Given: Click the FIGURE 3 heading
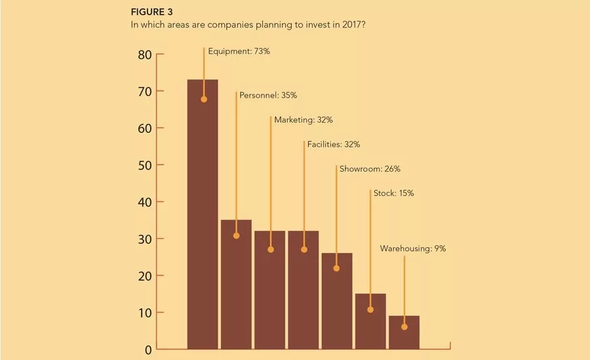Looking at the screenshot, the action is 151,12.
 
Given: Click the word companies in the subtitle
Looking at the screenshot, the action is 230,25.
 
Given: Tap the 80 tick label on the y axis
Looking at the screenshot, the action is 145,55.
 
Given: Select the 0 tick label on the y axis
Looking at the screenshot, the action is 148,350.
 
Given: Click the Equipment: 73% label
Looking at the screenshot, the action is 239,51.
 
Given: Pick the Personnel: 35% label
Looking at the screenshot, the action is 268,95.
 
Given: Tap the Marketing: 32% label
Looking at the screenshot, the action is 304,120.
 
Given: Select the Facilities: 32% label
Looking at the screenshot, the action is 334,144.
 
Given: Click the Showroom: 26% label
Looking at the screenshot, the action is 370,169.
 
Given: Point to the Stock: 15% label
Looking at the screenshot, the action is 393,193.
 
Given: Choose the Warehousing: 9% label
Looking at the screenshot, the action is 413,249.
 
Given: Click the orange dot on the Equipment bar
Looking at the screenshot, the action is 204,100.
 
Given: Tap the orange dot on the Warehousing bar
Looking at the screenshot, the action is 404,327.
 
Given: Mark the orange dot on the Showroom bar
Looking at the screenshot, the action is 336,268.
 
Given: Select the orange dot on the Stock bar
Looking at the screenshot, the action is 370,310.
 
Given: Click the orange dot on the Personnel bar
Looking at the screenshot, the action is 236,235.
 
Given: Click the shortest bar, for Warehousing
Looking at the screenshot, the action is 404,332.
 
